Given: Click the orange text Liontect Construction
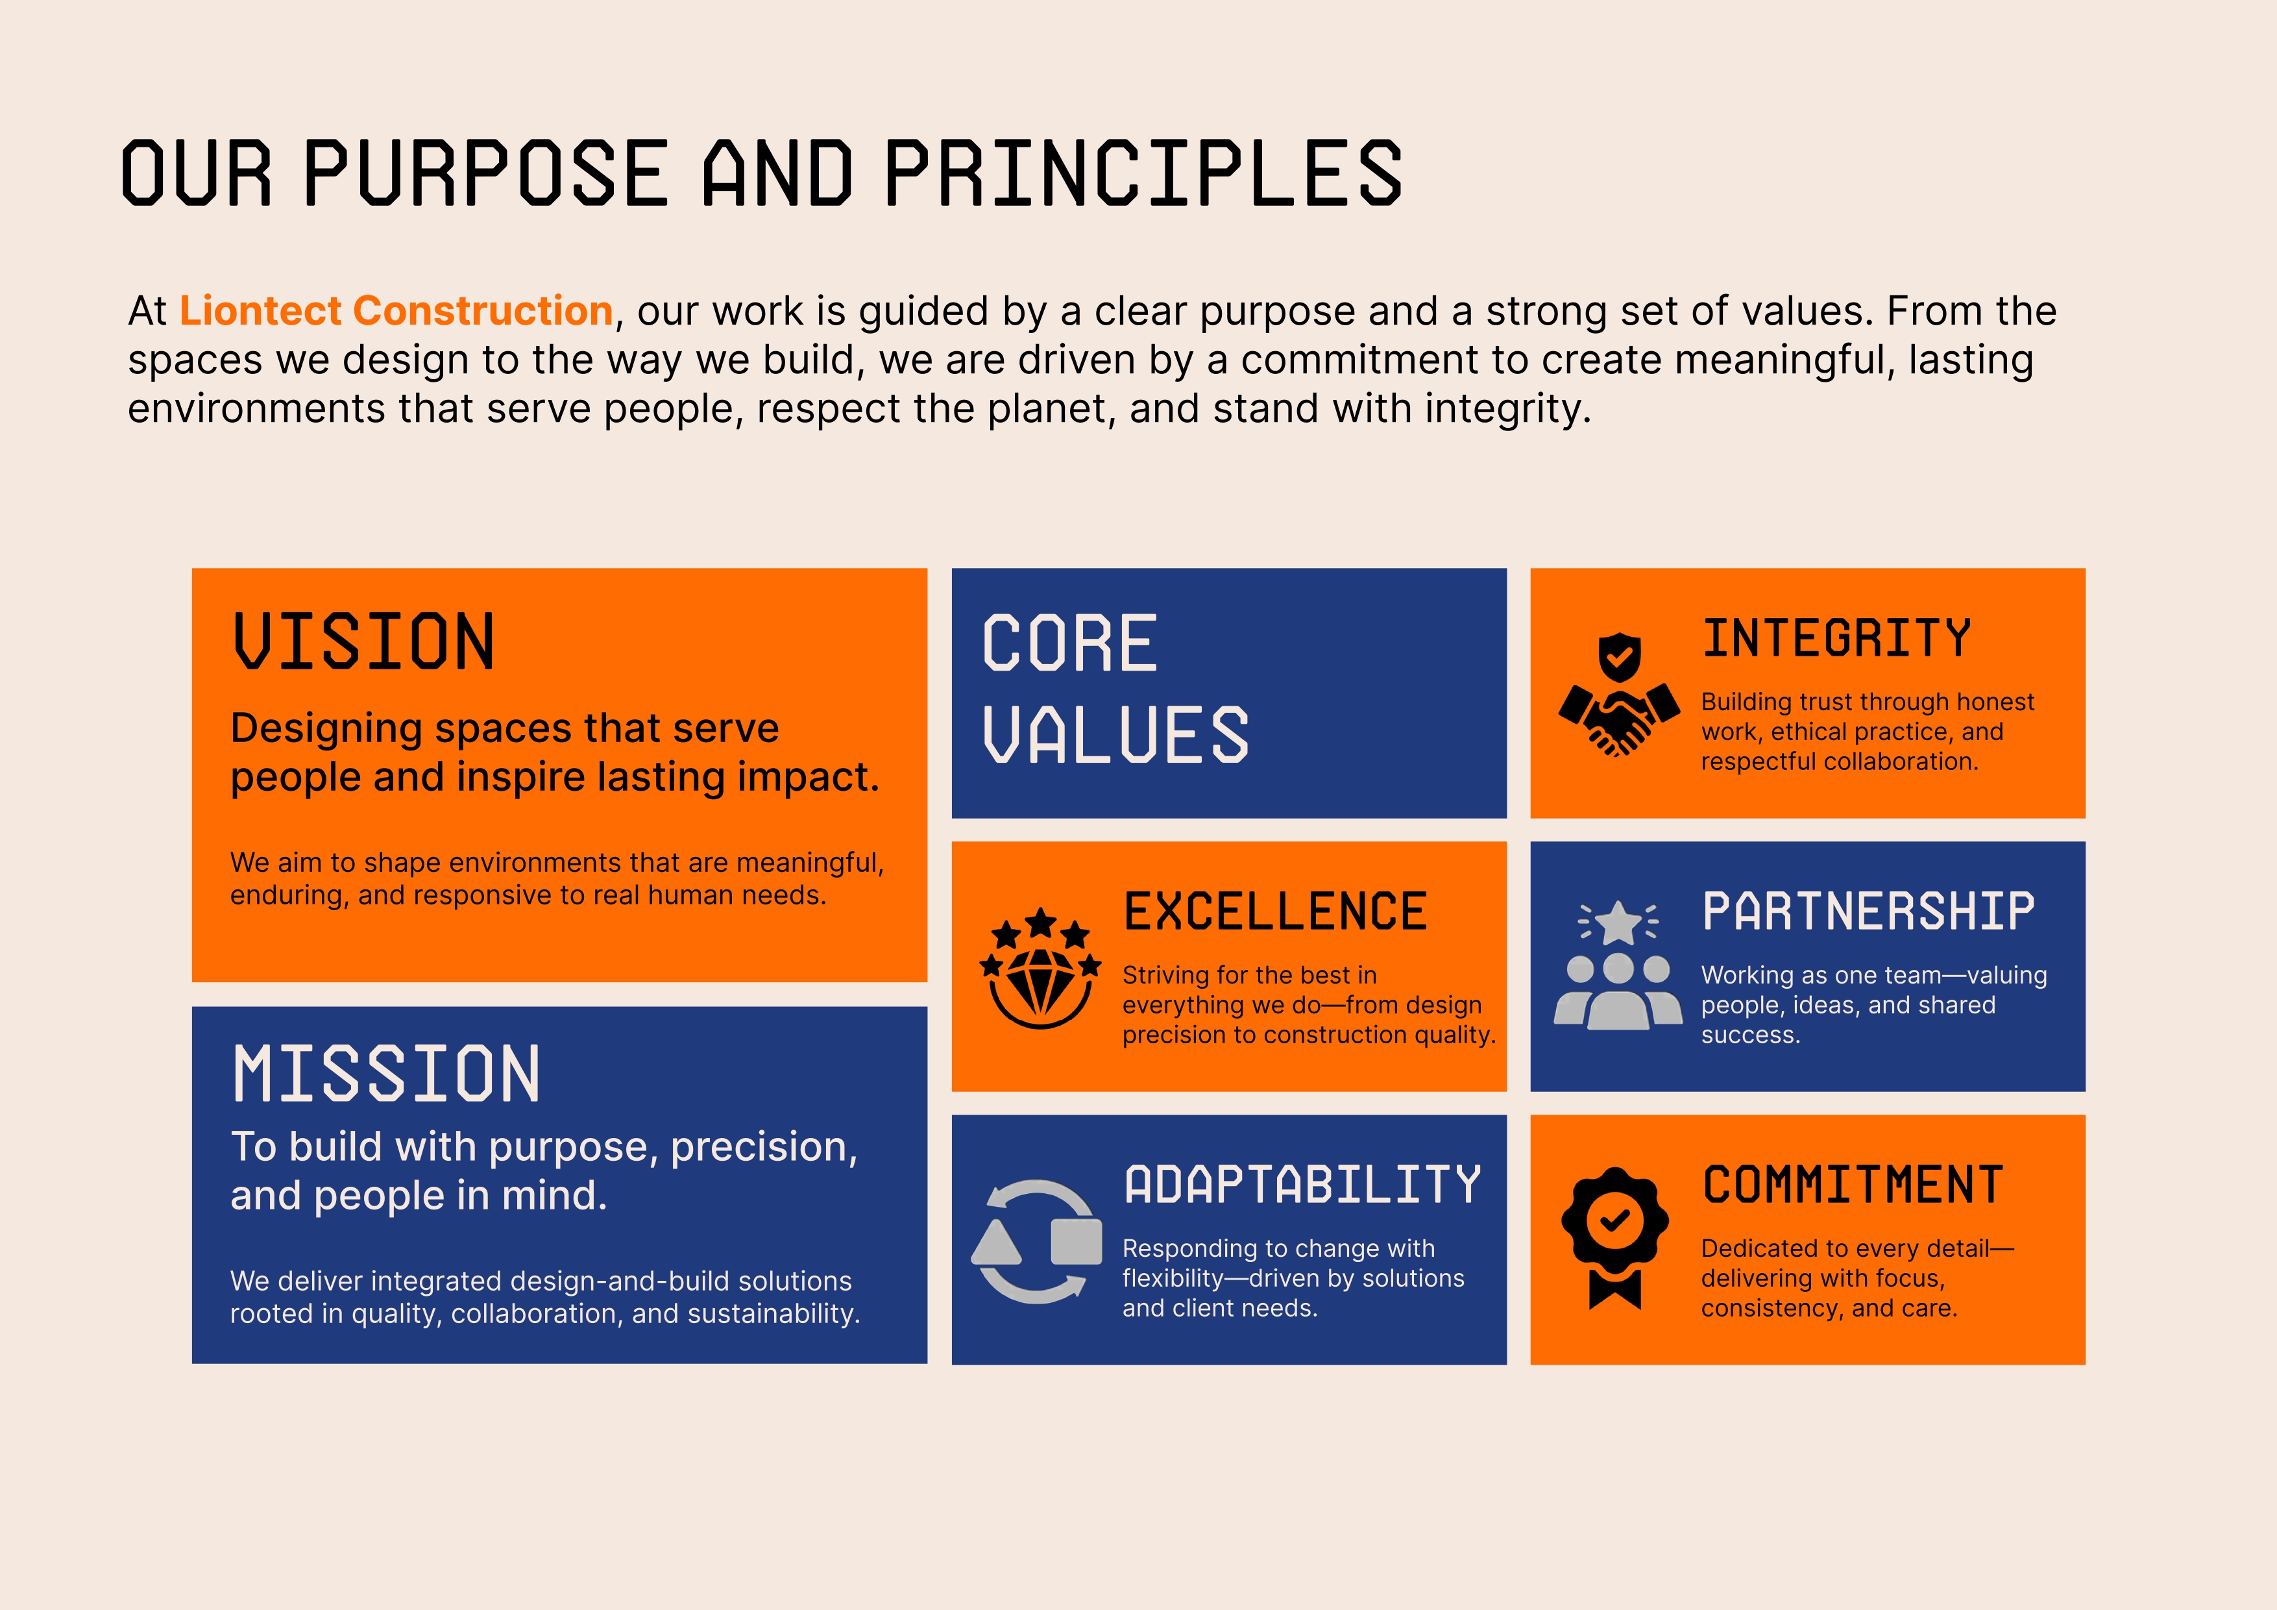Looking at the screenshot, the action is coord(396,310).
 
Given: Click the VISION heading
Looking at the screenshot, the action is coord(364,642).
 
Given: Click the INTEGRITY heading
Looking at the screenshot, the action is coord(1836,638).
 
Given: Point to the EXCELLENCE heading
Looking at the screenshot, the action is coord(1275,911).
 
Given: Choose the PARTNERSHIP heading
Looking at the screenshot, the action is coord(1868,911).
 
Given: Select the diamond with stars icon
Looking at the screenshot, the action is coord(1040,967).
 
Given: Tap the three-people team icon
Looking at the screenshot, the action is coord(1618,991).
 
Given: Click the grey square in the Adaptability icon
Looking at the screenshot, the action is coord(1076,1241).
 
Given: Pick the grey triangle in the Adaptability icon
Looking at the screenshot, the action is coord(997,1241).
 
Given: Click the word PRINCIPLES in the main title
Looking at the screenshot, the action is coord(1143,173).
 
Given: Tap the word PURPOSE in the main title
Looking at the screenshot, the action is coord(486,173).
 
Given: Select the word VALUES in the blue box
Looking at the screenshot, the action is coord(1115,735).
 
